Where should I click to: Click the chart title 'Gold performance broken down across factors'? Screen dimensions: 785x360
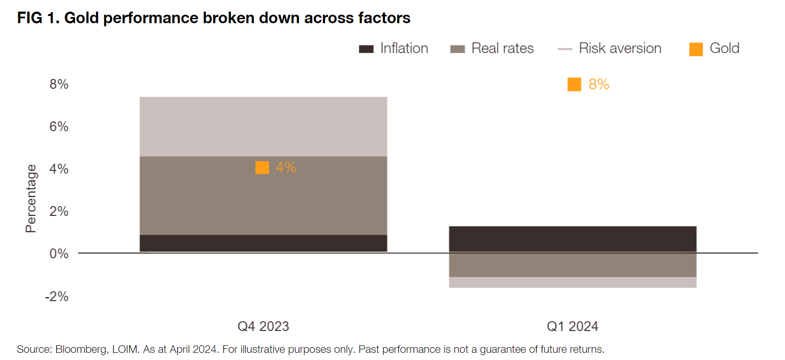[237, 18]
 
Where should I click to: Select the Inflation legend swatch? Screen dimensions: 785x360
[366, 49]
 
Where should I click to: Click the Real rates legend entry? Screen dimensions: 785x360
[492, 48]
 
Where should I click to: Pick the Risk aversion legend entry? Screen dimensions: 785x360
[610, 48]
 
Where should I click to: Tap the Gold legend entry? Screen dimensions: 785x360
[714, 48]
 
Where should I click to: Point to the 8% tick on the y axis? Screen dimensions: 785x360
[59, 84]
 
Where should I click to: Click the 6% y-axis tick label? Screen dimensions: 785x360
[59, 127]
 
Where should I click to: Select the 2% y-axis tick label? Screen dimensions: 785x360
[59, 211]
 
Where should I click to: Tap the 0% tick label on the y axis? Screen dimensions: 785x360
[59, 254]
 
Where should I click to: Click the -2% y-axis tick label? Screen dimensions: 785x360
[57, 297]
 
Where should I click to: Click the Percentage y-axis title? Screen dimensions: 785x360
[31, 199]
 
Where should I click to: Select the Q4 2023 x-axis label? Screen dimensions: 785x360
[263, 327]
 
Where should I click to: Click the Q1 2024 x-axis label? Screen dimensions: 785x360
[572, 327]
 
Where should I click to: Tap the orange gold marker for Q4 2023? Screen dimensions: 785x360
[262, 168]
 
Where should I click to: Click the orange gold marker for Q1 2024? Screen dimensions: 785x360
[574, 84]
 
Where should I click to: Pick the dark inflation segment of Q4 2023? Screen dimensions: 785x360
[263, 243]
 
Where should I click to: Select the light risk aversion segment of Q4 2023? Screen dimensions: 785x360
[263, 127]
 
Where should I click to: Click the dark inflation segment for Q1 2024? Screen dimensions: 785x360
[573, 240]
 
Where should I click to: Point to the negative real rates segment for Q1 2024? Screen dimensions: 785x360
[573, 265]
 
